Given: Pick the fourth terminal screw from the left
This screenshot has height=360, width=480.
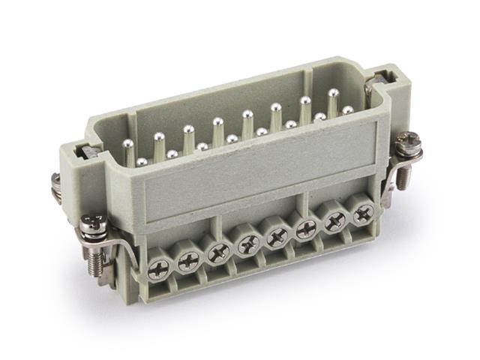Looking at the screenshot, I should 247,244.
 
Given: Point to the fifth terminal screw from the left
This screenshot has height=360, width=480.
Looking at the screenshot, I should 277,235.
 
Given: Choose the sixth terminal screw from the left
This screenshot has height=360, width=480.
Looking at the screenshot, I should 306,228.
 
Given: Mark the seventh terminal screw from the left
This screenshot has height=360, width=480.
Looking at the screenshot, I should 335,220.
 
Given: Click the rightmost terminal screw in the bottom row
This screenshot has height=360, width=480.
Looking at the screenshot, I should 363,213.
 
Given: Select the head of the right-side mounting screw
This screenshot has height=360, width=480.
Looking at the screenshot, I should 408,140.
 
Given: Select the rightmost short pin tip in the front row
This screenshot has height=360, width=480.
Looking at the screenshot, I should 348,110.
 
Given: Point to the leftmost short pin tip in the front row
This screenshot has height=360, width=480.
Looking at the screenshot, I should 142,161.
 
